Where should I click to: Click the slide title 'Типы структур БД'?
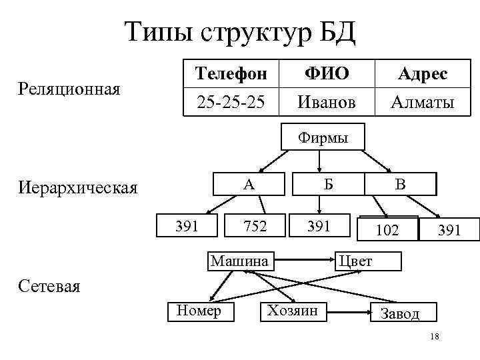click(x=240, y=32)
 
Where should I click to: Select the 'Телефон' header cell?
click(x=230, y=73)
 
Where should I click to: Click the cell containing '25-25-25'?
click(x=230, y=102)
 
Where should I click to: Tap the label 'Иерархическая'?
click(x=78, y=187)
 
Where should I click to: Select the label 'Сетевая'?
click(x=49, y=287)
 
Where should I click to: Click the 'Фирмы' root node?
click(x=322, y=139)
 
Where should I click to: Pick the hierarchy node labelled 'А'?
click(x=248, y=183)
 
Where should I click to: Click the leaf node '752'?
click(x=255, y=226)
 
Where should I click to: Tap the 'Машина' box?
click(x=239, y=260)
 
